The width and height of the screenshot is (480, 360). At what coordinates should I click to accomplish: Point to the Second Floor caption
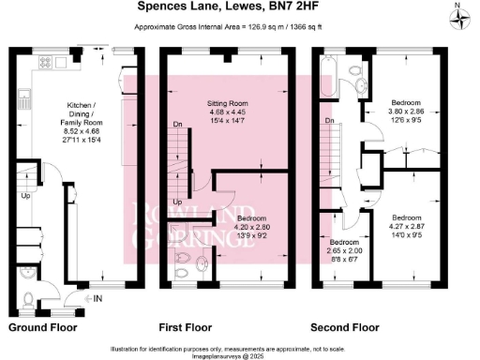coord(346,329)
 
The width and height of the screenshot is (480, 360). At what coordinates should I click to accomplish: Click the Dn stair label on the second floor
coord(329,121)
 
